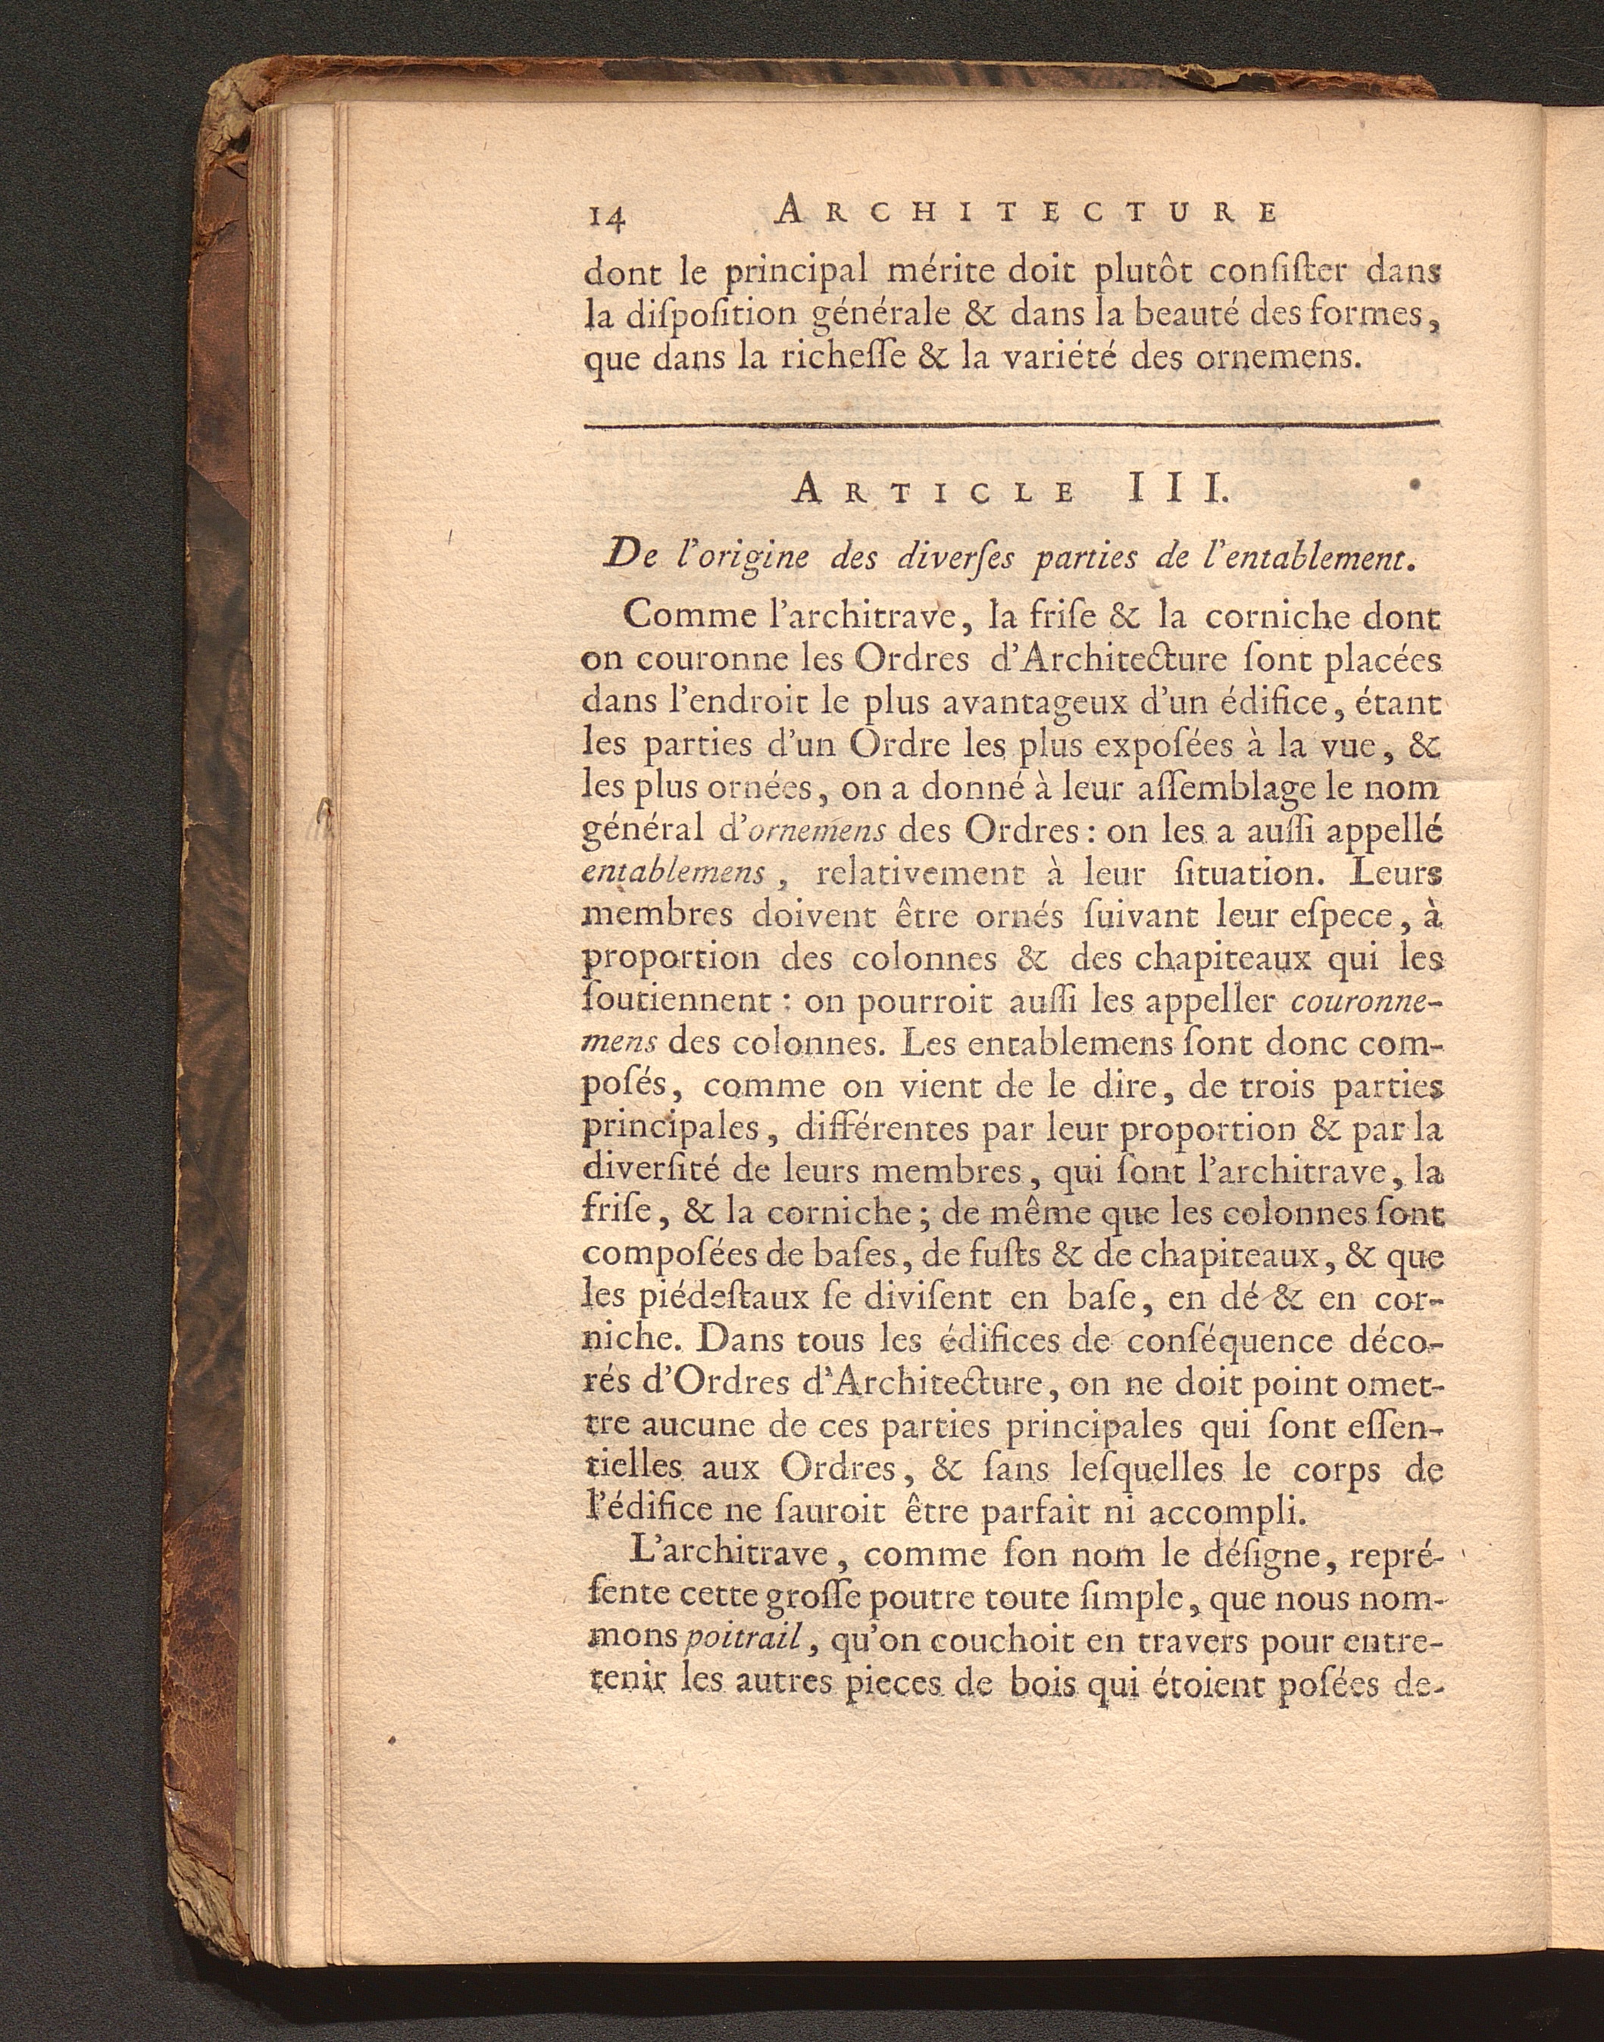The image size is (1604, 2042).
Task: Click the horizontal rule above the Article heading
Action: pos(1012,427)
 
